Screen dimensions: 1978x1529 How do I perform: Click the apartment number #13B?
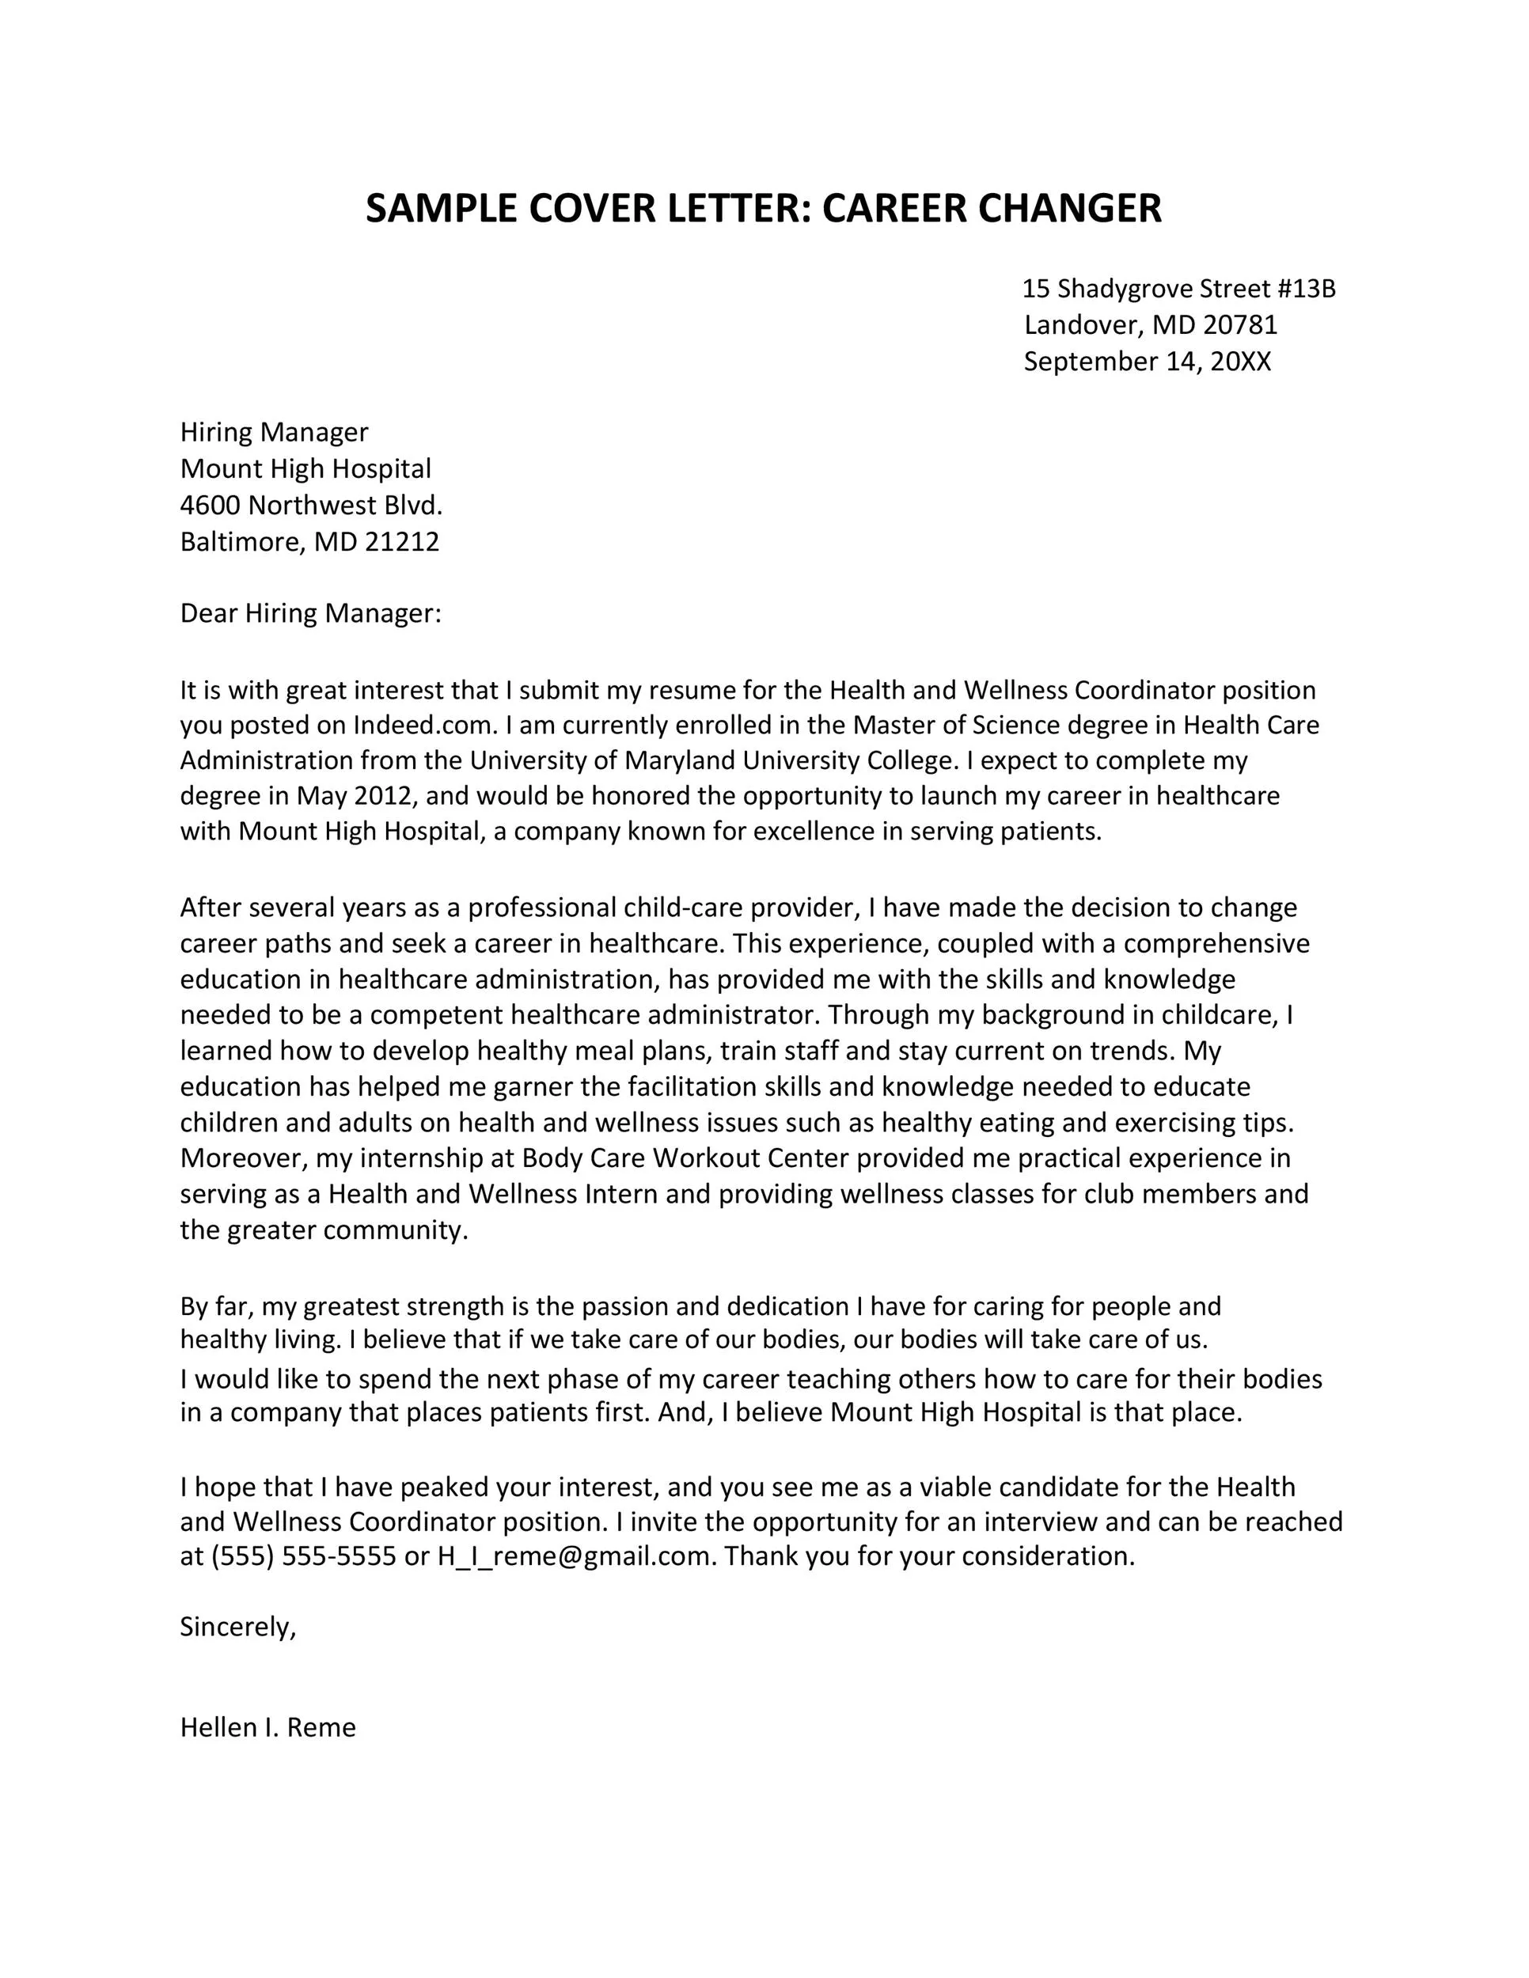tap(1306, 289)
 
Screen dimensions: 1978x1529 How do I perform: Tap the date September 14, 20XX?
tap(1147, 362)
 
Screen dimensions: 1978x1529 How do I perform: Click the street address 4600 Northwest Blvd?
tap(311, 505)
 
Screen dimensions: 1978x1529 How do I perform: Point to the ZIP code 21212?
tap(401, 542)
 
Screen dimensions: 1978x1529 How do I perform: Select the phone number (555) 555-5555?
tap(303, 1556)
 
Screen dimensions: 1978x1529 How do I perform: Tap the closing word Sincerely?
tap(237, 1627)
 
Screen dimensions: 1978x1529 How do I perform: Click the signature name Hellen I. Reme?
tap(268, 1727)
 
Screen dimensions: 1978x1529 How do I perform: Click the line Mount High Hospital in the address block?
tap(305, 468)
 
